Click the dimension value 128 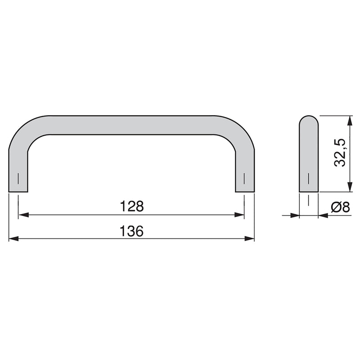coord(131,207)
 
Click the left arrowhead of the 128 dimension coord(22,216)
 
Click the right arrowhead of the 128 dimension coord(240,216)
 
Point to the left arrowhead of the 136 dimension coord(13,239)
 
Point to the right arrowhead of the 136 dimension coord(250,239)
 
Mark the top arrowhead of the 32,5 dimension coord(349,120)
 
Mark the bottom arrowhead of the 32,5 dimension coord(349,188)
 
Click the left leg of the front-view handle coord(18,171)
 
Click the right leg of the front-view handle coord(245,171)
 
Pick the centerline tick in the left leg coord(18,179)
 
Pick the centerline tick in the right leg coord(245,179)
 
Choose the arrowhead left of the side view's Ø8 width coord(295,216)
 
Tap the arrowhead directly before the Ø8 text coord(322,216)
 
